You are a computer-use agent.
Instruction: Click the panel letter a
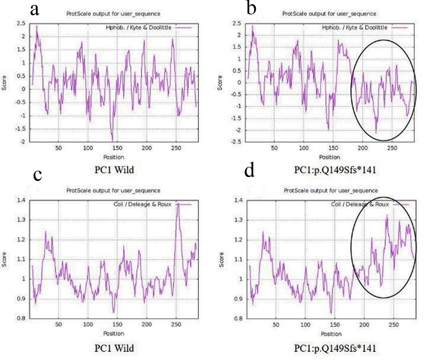coord(34,10)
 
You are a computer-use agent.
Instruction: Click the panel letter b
coord(251,8)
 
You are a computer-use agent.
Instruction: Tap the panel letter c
coord(38,174)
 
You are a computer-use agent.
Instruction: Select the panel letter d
coord(249,171)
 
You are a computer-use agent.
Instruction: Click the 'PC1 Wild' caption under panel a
coord(114,170)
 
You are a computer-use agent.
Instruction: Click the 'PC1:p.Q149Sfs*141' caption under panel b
coord(335,170)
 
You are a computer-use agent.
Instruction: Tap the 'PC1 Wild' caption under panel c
coord(114,348)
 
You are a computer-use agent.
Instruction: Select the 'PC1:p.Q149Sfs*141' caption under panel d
coord(335,348)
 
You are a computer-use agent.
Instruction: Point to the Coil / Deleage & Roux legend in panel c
coord(142,204)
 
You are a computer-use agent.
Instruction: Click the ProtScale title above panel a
coord(113,14)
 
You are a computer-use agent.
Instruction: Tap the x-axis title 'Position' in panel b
coord(329,157)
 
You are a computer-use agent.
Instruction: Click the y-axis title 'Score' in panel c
coord(4,259)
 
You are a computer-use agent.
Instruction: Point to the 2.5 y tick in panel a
coord(21,23)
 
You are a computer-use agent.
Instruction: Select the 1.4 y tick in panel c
coord(21,200)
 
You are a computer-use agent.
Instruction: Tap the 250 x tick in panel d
coord(394,325)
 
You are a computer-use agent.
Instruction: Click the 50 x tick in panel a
coord(58,148)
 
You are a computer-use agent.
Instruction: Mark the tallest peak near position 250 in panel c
coord(178,204)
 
